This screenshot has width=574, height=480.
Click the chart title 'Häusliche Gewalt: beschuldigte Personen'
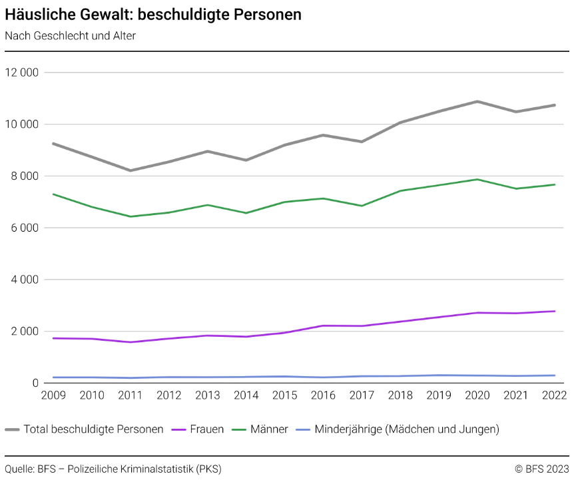[x=153, y=15]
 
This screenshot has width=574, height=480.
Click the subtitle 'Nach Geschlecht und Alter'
[x=70, y=36]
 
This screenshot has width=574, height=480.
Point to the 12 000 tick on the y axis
[x=23, y=73]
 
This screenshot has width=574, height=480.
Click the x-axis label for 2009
[x=53, y=395]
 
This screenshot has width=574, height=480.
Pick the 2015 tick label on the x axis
[x=285, y=395]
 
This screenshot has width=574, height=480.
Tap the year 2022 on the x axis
[x=555, y=395]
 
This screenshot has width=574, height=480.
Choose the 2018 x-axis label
[x=401, y=395]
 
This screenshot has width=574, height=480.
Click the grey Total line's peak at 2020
[x=477, y=101]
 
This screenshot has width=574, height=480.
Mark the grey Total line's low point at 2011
[x=131, y=170]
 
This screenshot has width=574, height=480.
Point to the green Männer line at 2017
[x=362, y=206]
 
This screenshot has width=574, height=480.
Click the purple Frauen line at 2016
[x=323, y=326]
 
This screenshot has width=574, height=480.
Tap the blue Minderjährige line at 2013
[x=208, y=377]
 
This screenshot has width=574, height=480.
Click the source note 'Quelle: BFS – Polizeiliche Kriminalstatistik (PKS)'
[x=113, y=469]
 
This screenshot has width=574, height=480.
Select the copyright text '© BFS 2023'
[x=542, y=469]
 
